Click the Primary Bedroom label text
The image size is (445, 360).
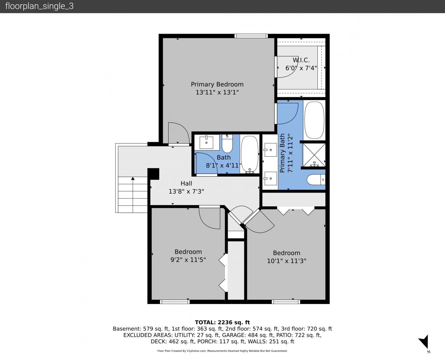[217, 84]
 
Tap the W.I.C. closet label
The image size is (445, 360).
[301, 60]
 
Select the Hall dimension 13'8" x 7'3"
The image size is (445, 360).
[186, 191]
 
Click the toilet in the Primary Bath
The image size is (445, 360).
[316, 180]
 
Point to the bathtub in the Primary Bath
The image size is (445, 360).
[314, 120]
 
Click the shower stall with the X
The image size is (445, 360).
[314, 155]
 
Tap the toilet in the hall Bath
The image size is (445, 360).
[227, 144]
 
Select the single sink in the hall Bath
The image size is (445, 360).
[206, 142]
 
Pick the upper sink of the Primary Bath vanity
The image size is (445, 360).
[270, 150]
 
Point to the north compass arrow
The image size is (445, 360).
[424, 342]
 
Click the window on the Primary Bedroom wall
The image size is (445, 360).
[251, 36]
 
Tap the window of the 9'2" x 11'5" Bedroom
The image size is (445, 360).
[175, 301]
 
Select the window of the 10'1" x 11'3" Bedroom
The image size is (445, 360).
[286, 301]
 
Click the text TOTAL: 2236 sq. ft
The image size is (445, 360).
[222, 322]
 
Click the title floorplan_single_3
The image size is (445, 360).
[39, 6]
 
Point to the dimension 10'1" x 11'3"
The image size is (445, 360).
[287, 261]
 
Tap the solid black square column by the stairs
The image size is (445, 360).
[153, 174]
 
